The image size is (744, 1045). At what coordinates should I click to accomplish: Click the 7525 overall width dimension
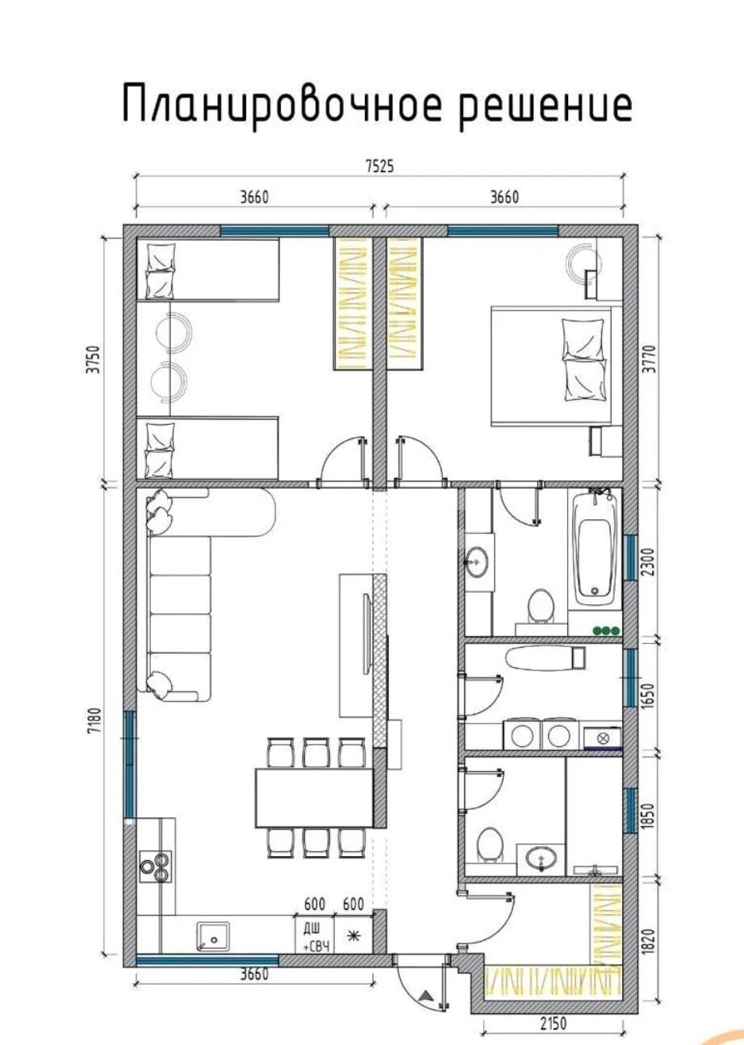pos(379,166)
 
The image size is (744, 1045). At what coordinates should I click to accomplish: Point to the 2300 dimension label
pos(651,562)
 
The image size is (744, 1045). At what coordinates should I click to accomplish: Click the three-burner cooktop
pos(156,867)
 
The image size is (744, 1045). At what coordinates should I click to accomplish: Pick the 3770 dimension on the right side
pos(651,359)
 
